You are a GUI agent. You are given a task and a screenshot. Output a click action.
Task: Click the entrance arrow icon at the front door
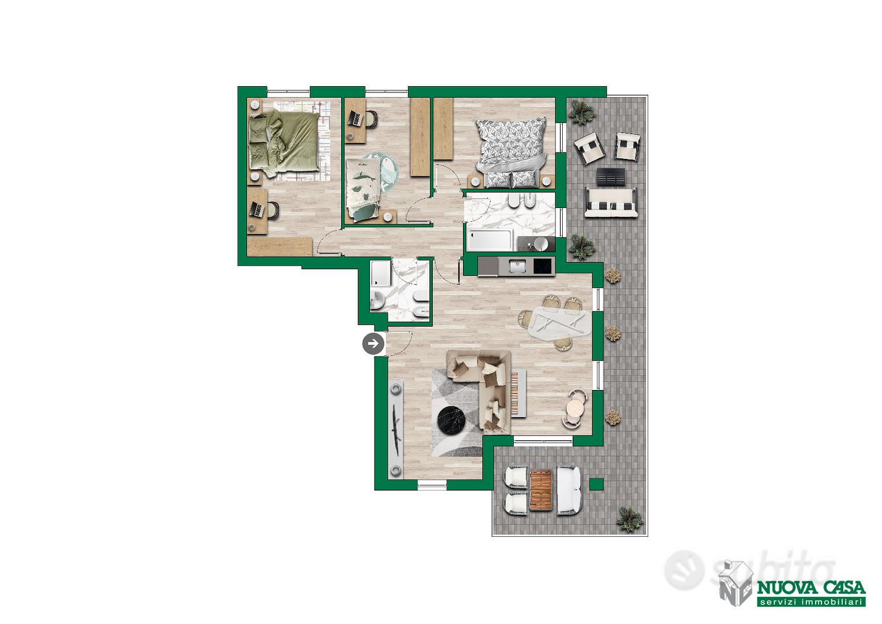point(373,344)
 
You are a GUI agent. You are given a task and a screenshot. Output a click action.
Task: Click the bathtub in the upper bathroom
point(489,240)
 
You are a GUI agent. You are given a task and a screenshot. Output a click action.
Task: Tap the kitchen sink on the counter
point(515,266)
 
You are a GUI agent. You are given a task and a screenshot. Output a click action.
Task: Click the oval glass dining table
point(559,323)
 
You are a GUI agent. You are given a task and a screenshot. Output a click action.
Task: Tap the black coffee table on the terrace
point(611,177)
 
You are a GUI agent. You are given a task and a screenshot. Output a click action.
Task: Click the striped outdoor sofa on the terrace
point(611,202)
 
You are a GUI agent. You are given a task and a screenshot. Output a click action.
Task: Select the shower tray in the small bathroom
point(380,274)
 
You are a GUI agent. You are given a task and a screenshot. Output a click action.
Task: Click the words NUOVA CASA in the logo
point(811,589)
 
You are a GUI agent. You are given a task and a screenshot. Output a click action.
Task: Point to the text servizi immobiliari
point(811,602)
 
